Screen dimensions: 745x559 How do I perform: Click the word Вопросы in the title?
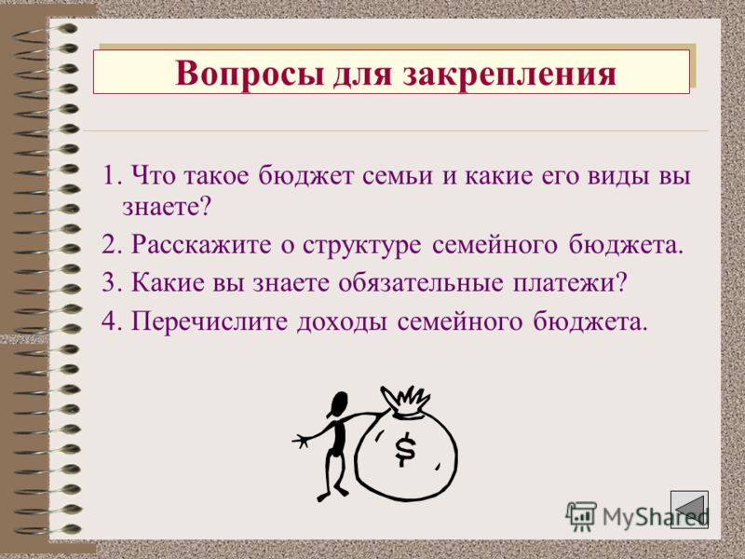[x=246, y=74]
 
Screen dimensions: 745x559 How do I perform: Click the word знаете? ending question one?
[x=167, y=206]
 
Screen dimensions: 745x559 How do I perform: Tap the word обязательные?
[x=421, y=283]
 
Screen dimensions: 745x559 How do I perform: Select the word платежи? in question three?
[x=570, y=283]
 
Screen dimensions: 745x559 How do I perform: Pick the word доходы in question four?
[x=342, y=322]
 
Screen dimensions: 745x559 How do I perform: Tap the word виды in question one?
[x=618, y=177]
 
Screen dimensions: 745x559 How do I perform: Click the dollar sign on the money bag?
[x=405, y=450]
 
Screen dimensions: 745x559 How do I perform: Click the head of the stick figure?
[x=338, y=404]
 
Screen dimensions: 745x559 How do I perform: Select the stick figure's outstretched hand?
[x=300, y=440]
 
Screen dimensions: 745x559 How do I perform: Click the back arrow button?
[x=689, y=510]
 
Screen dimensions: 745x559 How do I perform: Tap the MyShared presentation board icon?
[x=580, y=516]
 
